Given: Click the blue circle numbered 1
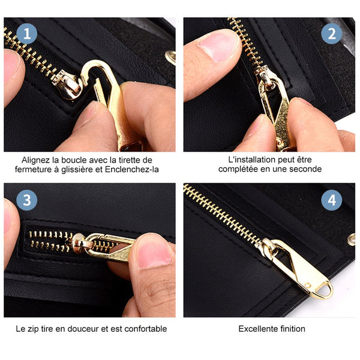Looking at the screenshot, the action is [26, 34].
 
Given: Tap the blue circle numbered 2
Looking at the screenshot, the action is [332, 34].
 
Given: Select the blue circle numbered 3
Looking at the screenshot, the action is [26, 200].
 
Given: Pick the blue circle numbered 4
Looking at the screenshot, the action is [332, 200].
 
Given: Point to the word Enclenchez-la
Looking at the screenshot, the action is [132, 169].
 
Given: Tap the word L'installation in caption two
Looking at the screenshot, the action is [249, 160].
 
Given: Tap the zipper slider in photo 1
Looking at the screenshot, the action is [67, 85].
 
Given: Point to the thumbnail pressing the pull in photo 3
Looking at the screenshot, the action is [154, 254].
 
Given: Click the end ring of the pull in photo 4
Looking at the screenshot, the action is [325, 291].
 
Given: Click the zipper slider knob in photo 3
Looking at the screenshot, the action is [79, 244].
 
